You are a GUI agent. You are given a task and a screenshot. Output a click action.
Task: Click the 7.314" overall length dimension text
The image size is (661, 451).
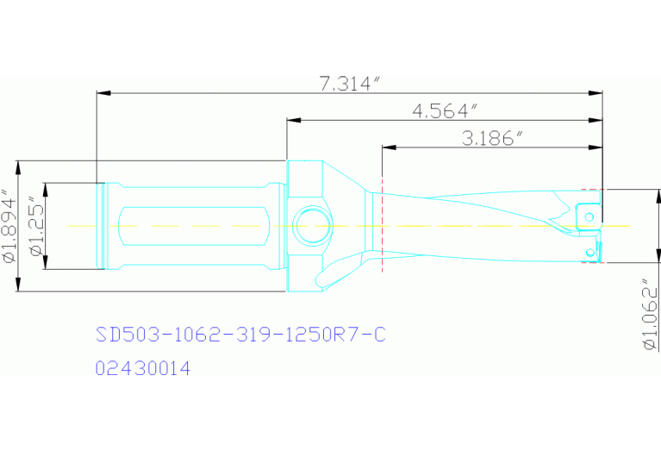(349, 84)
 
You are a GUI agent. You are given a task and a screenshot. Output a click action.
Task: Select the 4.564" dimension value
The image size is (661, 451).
(445, 111)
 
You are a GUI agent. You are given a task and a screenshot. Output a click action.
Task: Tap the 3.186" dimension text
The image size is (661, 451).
(493, 138)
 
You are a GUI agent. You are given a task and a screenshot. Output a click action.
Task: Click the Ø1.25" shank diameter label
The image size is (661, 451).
(35, 226)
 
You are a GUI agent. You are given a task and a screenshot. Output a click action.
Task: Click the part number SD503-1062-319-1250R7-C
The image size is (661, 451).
(239, 335)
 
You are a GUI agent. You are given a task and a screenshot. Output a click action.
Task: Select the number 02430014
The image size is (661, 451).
(142, 368)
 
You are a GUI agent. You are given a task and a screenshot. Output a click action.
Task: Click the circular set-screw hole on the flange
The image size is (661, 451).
(309, 226)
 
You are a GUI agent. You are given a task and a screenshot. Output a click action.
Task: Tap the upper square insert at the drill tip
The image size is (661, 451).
(588, 212)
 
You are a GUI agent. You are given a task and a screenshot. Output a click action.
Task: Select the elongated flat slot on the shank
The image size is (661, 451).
(190, 226)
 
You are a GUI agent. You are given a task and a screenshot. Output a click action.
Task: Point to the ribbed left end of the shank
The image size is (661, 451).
(101, 226)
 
